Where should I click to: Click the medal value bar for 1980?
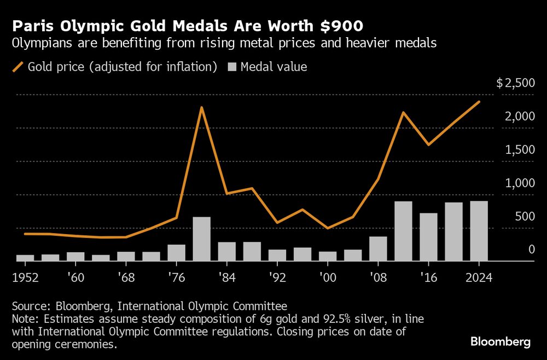(x=202, y=239)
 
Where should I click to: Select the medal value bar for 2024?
(x=479, y=231)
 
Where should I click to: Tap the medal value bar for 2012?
(x=403, y=231)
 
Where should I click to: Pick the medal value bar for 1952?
(x=25, y=258)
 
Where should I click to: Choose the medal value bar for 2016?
(x=428, y=237)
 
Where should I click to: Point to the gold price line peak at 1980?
(x=202, y=107)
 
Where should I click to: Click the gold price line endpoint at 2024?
(x=479, y=102)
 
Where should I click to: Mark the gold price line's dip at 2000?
(x=328, y=228)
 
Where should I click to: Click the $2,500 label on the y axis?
(x=515, y=84)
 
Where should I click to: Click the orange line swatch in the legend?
(x=19, y=67)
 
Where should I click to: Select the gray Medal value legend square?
(x=231, y=67)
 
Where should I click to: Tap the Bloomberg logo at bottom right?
(x=501, y=342)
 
